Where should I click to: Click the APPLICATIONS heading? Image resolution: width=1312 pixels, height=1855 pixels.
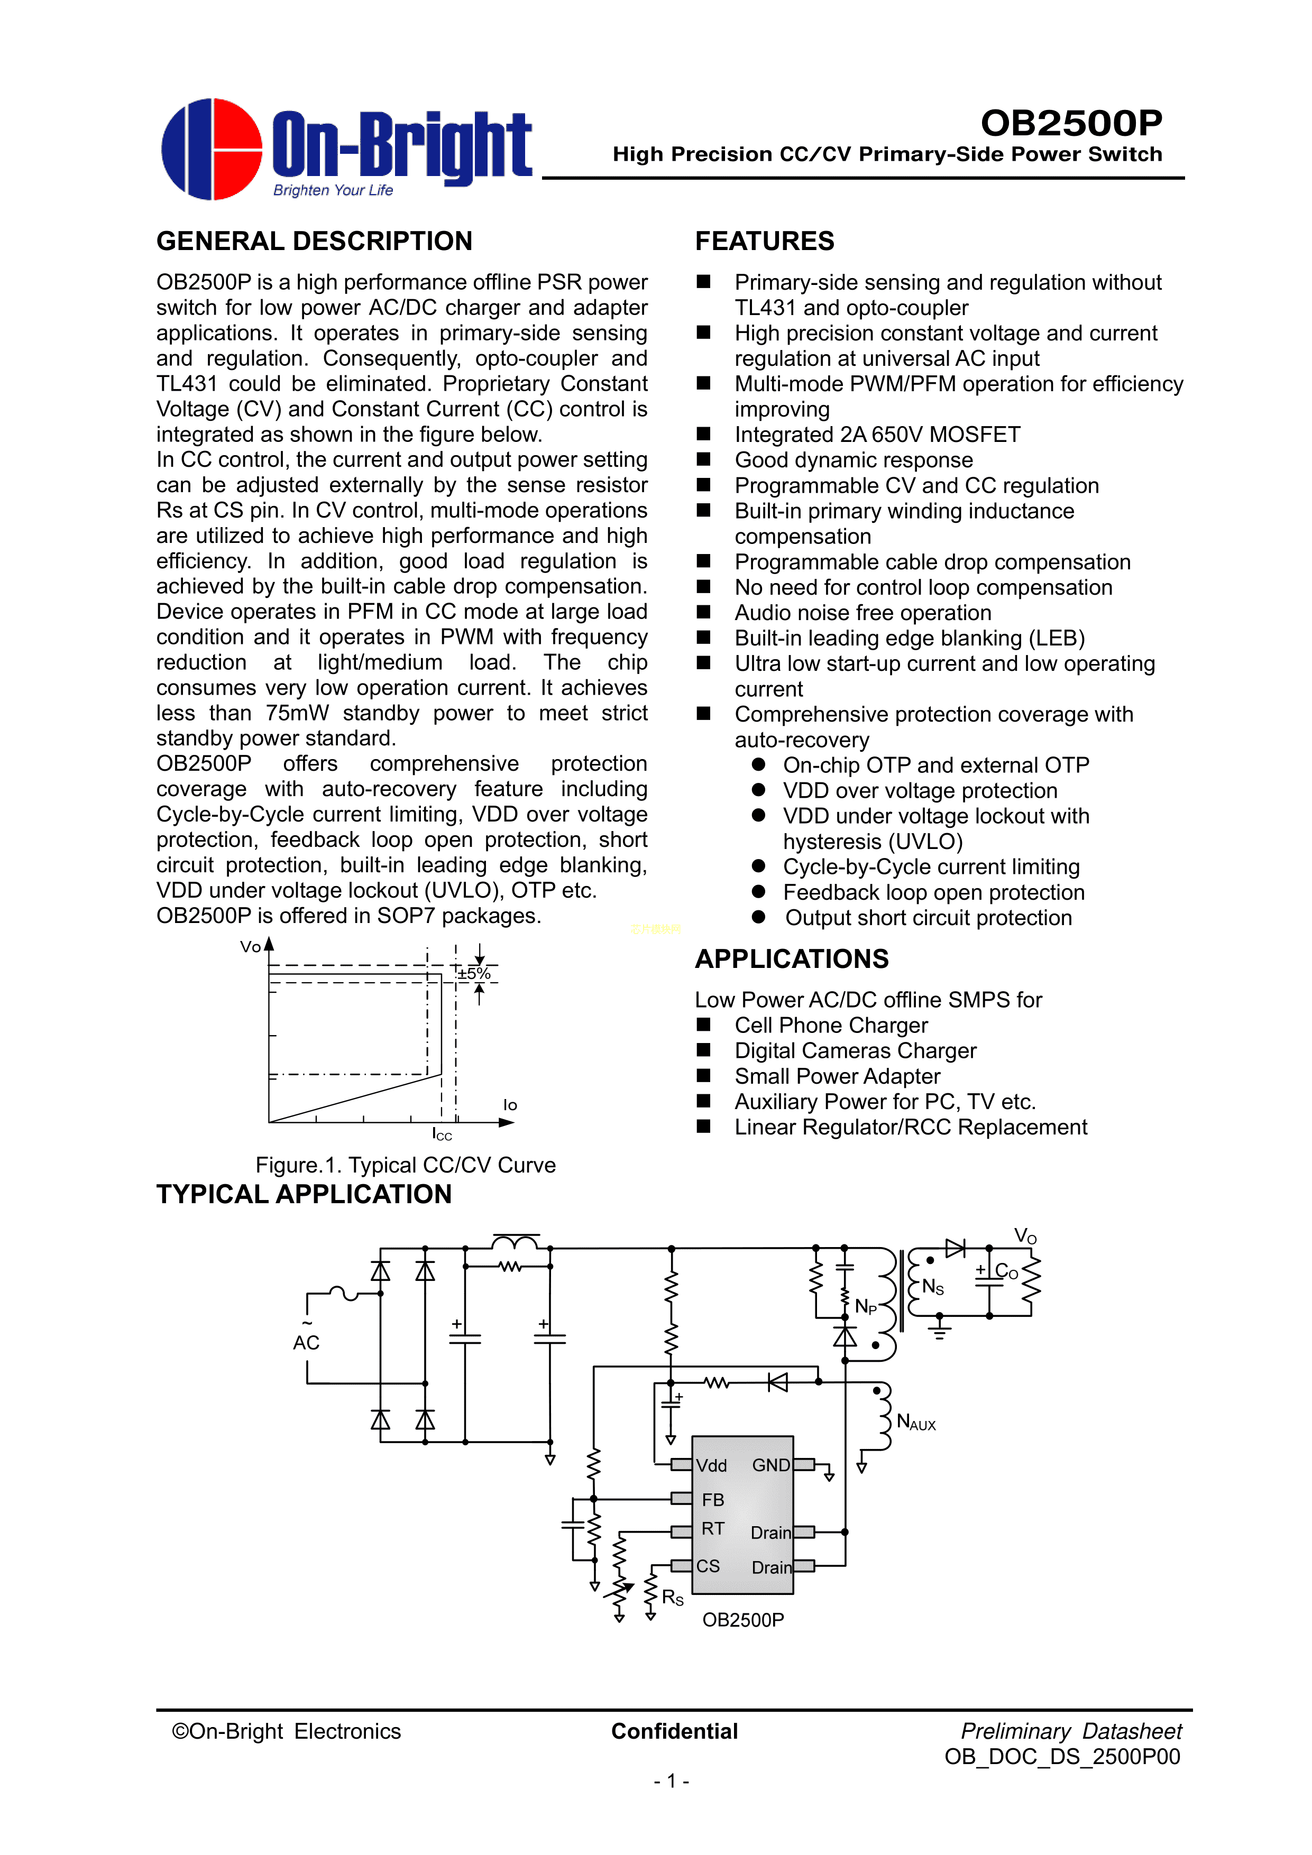point(792,958)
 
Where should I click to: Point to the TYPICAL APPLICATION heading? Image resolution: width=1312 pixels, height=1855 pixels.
point(304,1194)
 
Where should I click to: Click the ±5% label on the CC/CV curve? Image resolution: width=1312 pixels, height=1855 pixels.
point(474,974)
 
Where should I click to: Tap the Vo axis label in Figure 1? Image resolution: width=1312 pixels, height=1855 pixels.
point(251,947)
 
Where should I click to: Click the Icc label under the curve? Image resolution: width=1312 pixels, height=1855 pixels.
point(442,1134)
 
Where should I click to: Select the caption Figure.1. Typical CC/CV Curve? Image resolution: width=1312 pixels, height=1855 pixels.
point(405,1165)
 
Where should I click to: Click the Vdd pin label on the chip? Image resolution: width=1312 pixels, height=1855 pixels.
point(711,1465)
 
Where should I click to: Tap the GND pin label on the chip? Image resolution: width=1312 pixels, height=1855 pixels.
point(770,1465)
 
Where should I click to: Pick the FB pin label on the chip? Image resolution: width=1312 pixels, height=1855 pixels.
point(713,1500)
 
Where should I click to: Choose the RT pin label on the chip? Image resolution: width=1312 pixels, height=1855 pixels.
point(712,1529)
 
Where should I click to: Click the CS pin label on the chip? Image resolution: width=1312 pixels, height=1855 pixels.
point(708,1566)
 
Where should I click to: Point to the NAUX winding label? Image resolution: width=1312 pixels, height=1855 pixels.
point(916,1423)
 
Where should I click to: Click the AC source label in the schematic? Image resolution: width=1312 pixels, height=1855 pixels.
point(306,1342)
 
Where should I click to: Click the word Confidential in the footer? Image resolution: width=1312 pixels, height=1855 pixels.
point(674,1731)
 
